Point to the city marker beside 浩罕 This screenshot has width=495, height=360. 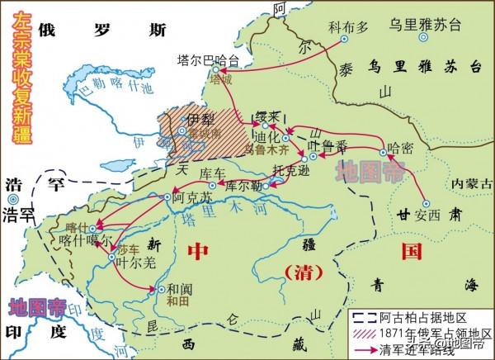[x=12, y=198]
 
